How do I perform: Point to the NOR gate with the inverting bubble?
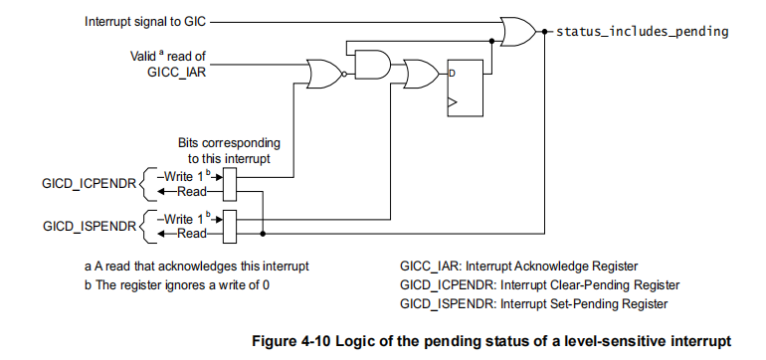(x=324, y=73)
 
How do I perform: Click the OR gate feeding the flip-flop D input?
(x=419, y=73)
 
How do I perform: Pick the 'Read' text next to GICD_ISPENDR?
(x=191, y=234)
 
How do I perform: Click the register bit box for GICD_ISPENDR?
(x=231, y=226)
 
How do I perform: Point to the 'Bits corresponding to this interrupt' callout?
(x=229, y=149)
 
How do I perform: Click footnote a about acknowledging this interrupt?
(x=197, y=266)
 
